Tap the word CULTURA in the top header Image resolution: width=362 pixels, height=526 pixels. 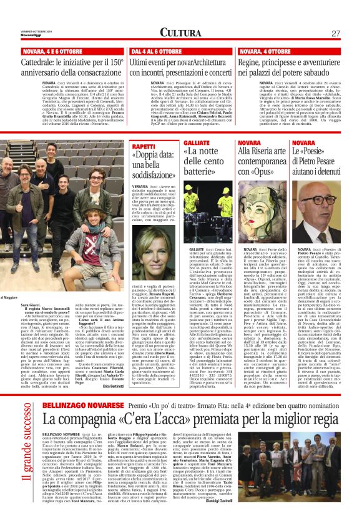181,32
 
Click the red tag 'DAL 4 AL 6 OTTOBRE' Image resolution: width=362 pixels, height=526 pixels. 157,51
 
